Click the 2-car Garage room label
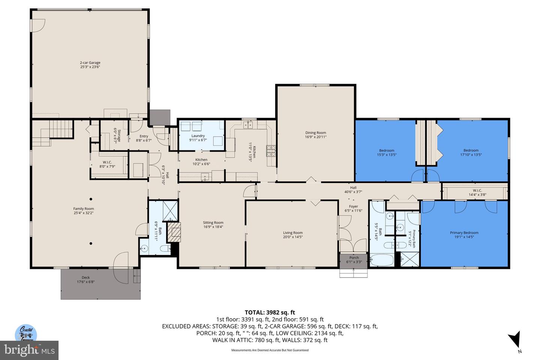(x=90, y=63)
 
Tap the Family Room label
(x=84, y=209)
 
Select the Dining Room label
(x=315, y=133)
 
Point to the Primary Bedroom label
(x=464, y=233)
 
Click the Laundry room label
(x=198, y=136)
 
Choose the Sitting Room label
(x=213, y=223)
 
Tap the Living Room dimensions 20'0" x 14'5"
(x=292, y=237)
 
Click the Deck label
(x=86, y=278)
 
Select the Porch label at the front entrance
(x=354, y=258)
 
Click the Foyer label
(x=353, y=207)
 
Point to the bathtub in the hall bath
(x=381, y=260)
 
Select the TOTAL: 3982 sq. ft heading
(x=270, y=312)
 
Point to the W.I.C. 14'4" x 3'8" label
(x=477, y=192)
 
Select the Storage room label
(x=117, y=135)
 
